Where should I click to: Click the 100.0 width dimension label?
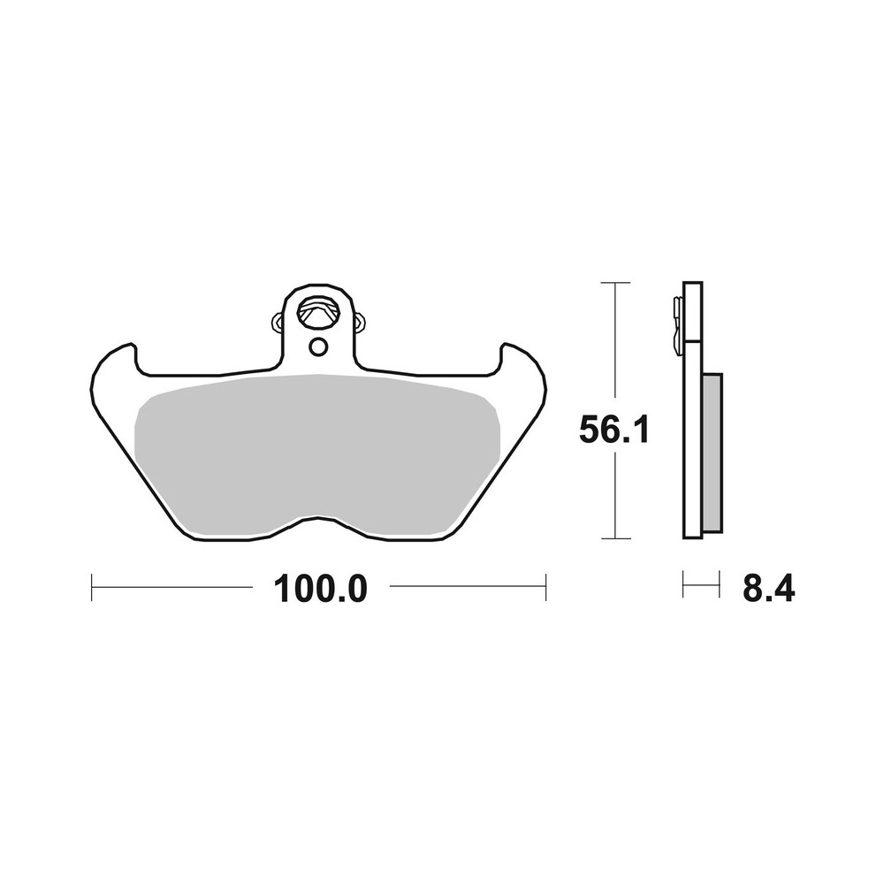(319, 588)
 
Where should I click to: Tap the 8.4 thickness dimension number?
(768, 588)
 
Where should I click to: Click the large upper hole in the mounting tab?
(318, 312)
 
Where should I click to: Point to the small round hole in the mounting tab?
(317, 346)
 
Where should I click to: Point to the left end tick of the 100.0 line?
(93, 587)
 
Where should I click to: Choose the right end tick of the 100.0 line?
(545, 587)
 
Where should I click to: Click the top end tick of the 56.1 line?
(614, 282)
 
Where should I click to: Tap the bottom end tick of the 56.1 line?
(614, 537)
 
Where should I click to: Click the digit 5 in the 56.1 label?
(591, 432)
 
